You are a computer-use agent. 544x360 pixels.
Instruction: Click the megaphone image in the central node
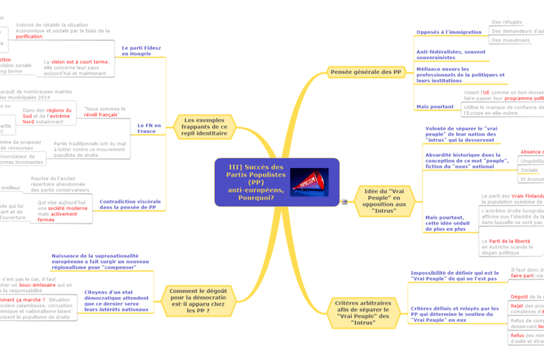(308, 181)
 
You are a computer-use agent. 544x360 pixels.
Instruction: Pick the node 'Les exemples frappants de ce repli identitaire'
(205, 126)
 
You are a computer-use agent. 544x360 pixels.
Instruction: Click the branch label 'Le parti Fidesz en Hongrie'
(142, 50)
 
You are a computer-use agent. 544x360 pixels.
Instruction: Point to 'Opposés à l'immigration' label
(448, 32)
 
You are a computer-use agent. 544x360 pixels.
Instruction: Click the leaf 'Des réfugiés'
(507, 22)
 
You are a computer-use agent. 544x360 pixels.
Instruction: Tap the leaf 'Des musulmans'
(511, 40)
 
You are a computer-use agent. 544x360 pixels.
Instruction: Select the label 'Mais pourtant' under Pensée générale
(435, 107)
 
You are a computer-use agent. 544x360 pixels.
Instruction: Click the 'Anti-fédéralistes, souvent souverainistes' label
(451, 54)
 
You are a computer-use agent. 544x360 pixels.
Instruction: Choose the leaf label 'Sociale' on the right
(529, 170)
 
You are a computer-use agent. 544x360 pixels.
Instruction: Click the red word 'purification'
(29, 36)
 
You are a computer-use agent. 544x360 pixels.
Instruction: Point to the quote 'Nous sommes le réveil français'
(104, 112)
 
